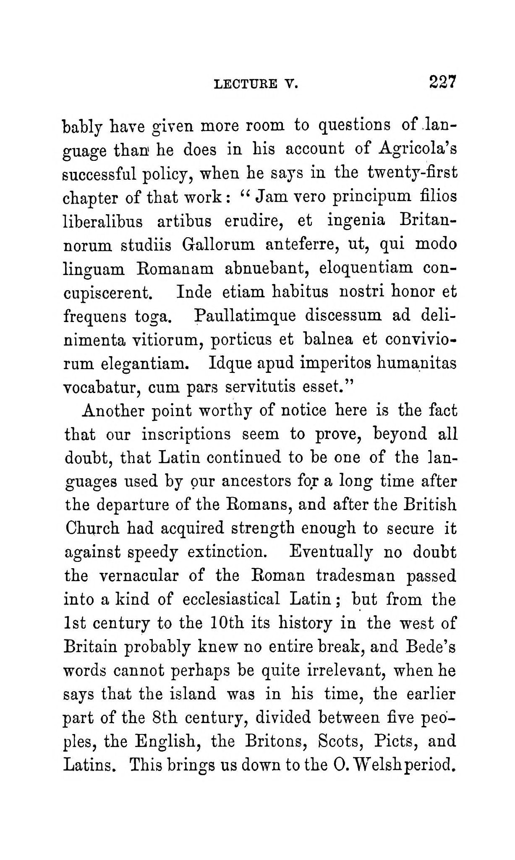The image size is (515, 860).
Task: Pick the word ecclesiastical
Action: coord(231,599)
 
